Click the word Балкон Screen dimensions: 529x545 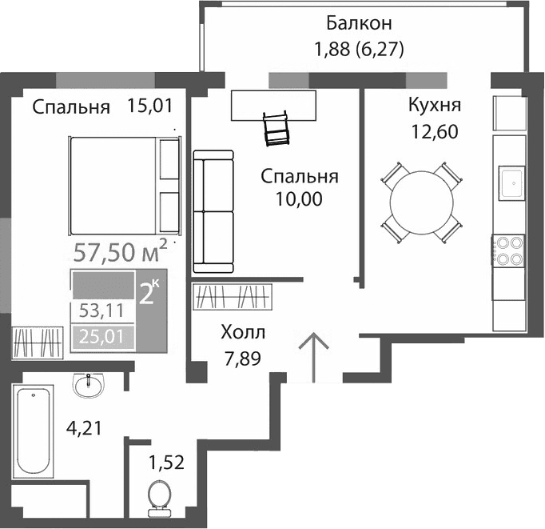coord(358,22)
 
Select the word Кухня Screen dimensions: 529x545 coord(434,106)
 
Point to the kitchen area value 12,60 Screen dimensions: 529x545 coord(434,131)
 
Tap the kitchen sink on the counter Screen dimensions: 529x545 coord(510,182)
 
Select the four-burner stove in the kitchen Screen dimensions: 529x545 coord(509,250)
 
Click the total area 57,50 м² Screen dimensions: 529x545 coord(120,253)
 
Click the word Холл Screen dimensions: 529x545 coord(243,332)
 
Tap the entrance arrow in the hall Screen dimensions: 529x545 coord(314,355)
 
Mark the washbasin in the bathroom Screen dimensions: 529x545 coord(87,386)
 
